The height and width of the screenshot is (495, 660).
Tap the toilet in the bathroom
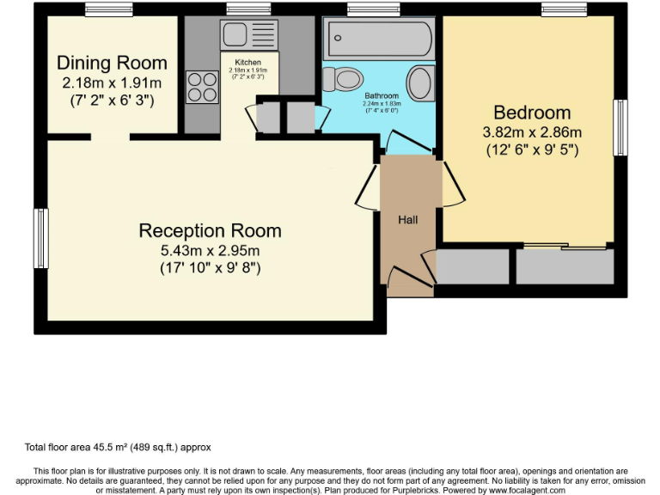pyautogui.click(x=345, y=80)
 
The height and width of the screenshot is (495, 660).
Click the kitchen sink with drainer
pyautogui.click(x=248, y=35)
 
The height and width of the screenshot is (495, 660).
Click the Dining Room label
pyautogui.click(x=112, y=63)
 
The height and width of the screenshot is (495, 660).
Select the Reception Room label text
pyautogui.click(x=210, y=230)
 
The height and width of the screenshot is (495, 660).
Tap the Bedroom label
pyautogui.click(x=532, y=113)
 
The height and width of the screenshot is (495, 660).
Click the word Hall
pyautogui.click(x=407, y=220)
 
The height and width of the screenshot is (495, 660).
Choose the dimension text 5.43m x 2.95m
pyautogui.click(x=210, y=250)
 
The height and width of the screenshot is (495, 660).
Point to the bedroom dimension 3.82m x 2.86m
pyautogui.click(x=532, y=131)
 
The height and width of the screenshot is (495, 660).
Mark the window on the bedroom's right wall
pyautogui.click(x=618, y=127)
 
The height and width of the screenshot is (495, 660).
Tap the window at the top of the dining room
pyautogui.click(x=108, y=9)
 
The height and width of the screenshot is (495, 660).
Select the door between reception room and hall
pyautogui.click(x=368, y=187)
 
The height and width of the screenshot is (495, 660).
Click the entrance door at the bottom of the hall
pyautogui.click(x=407, y=277)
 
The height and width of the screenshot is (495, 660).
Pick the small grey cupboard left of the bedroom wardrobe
pyautogui.click(x=473, y=267)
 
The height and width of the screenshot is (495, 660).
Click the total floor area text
pyautogui.click(x=118, y=447)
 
